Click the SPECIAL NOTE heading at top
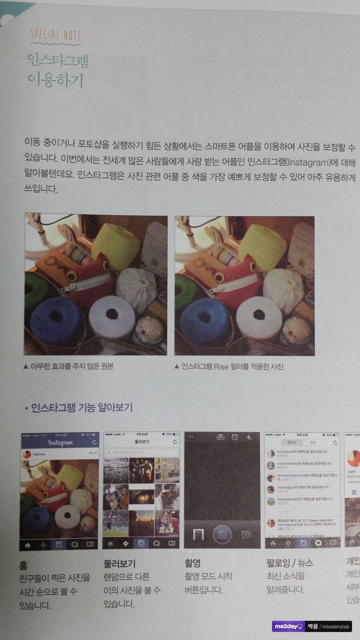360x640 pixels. coord(56,35)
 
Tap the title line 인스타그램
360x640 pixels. coord(58,60)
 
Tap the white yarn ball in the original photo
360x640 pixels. coord(112,316)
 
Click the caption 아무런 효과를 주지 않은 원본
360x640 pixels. coord(72,366)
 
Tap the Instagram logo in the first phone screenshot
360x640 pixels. coord(60,442)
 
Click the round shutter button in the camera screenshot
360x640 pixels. coord(222,535)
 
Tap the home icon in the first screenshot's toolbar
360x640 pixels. coord(28,545)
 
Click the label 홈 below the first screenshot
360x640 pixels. coord(23,565)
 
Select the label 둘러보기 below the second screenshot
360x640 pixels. coord(119,564)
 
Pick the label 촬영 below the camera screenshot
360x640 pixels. coord(192,563)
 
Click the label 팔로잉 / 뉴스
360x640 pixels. coord(290,563)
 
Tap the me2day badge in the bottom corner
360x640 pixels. coord(289,626)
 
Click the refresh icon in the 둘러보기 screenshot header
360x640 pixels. coord(175,442)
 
